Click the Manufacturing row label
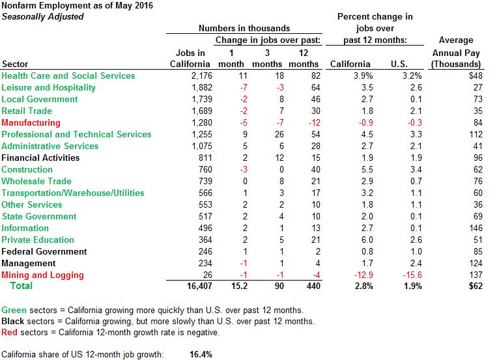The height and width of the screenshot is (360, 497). pos(31,122)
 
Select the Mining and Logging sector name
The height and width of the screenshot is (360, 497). pos(42,275)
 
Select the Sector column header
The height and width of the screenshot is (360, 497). pos(16,64)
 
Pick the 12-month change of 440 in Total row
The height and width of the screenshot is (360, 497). pos(310,286)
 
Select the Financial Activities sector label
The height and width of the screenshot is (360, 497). pos(40,158)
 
